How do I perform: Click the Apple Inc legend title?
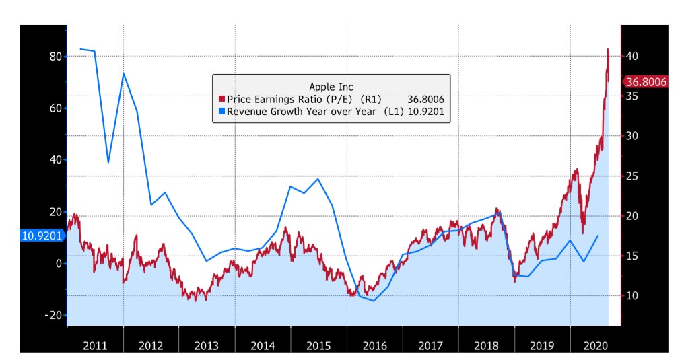point(331,87)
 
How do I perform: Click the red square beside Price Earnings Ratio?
point(221,100)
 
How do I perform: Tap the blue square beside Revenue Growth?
point(221,112)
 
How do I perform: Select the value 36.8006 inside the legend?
point(425,100)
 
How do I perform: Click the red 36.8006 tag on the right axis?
point(646,82)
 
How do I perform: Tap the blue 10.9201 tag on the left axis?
point(42,236)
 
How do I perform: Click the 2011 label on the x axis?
point(95,346)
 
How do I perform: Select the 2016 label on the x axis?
point(374,346)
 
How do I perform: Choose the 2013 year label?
point(207,346)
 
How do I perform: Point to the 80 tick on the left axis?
point(55,57)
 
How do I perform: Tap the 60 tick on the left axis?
point(55,108)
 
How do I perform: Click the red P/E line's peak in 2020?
point(608,49)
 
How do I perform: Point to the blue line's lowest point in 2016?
point(374,301)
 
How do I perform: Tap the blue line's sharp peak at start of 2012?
point(124,73)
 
